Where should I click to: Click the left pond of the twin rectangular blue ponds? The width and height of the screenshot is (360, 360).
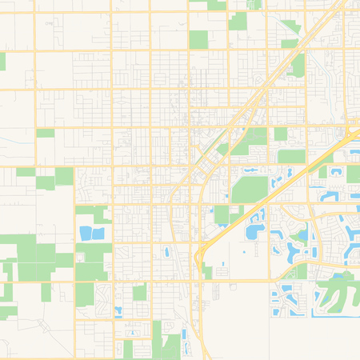click(86, 233)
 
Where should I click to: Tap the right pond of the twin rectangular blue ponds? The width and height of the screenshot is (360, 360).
click(98, 233)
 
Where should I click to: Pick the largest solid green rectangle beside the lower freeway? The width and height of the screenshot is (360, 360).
click(250, 190)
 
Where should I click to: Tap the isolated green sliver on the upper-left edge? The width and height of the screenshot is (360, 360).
click(2, 61)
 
